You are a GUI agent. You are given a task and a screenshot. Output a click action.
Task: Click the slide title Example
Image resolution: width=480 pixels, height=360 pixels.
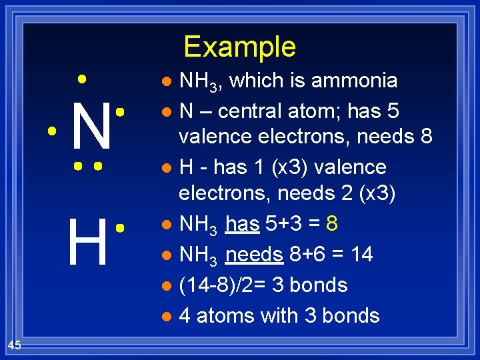pyautogui.click(x=239, y=47)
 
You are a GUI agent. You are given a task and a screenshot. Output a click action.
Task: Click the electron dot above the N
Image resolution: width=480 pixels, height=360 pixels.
pyautogui.click(x=81, y=78)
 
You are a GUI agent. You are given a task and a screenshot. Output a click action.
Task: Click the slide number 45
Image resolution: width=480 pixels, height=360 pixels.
pyautogui.click(x=15, y=345)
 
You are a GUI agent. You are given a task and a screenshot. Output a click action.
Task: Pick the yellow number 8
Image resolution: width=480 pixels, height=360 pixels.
pyautogui.click(x=331, y=224)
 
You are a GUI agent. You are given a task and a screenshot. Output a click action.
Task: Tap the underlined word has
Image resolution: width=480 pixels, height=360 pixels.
pyautogui.click(x=241, y=224)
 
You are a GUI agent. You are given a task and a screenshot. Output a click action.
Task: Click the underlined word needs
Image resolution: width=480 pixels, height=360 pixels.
pyautogui.click(x=253, y=255)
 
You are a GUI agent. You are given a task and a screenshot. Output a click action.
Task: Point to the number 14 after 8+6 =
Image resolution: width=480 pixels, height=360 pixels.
pyautogui.click(x=359, y=255)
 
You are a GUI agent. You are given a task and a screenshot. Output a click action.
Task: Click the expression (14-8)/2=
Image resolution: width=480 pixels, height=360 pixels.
pyautogui.click(x=221, y=285)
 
